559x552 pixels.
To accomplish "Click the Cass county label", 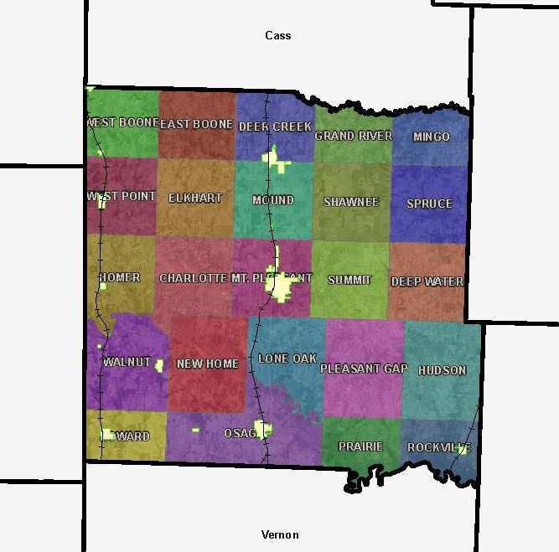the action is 278,35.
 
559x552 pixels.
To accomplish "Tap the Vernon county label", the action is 280,534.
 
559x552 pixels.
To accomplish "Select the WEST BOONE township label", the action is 122,122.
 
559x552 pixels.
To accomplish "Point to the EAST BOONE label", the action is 196,124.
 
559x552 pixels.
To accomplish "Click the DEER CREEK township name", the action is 275,126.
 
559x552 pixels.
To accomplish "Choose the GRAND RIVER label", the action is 353,136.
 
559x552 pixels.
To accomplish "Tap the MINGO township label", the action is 432,137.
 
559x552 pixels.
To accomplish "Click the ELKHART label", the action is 195,199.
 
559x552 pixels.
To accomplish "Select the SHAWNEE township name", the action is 351,203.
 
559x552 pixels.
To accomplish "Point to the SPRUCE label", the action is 429,204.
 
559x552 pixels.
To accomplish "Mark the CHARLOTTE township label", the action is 194,278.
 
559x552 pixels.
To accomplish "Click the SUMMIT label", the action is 349,280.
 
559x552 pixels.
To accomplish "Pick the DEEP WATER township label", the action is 427,281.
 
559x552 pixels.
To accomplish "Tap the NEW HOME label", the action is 208,364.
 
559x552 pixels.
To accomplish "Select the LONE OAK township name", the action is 287,359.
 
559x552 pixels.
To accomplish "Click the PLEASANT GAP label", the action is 363,369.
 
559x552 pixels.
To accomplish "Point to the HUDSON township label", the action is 442,370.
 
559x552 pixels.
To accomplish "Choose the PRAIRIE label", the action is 360,446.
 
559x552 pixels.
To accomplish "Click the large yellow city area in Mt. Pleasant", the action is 282,287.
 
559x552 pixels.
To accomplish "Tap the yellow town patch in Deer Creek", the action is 275,158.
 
